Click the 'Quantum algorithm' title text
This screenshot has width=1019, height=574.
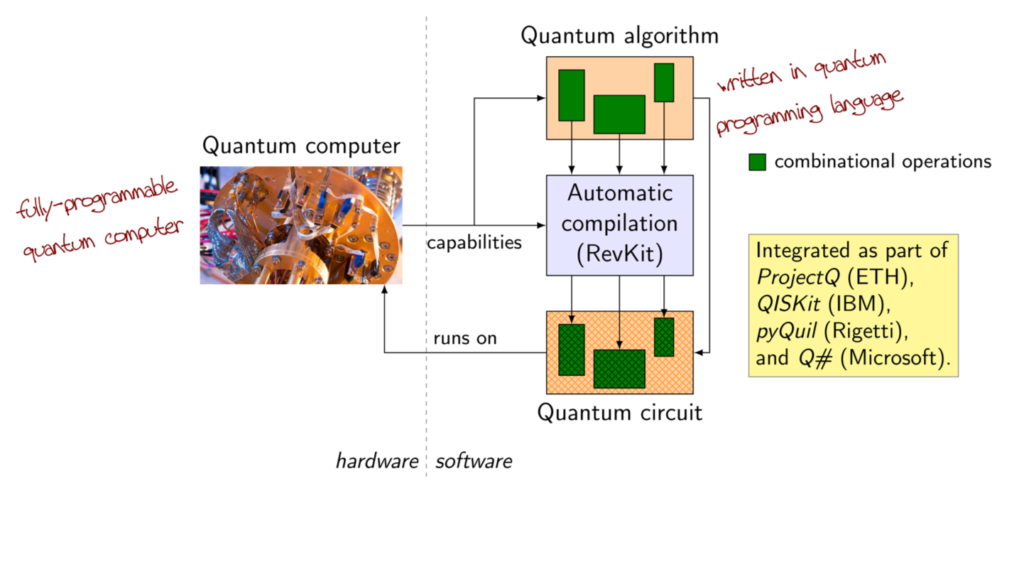[619, 36]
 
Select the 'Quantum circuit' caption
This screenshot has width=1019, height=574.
[619, 412]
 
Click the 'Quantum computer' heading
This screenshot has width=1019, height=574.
[301, 146]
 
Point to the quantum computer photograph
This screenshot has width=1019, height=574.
[301, 225]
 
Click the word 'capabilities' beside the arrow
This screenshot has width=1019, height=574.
[474, 242]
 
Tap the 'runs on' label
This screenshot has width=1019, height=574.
[465, 338]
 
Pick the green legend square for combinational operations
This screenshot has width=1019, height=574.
[758, 162]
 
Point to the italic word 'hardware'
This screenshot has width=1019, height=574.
[377, 462]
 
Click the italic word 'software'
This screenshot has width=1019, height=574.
[474, 462]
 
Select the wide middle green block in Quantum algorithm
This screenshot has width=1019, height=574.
[619, 114]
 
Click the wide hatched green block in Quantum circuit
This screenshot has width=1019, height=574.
[619, 369]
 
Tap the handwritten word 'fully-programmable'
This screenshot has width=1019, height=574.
[97, 198]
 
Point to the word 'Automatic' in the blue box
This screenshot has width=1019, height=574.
[620, 193]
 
